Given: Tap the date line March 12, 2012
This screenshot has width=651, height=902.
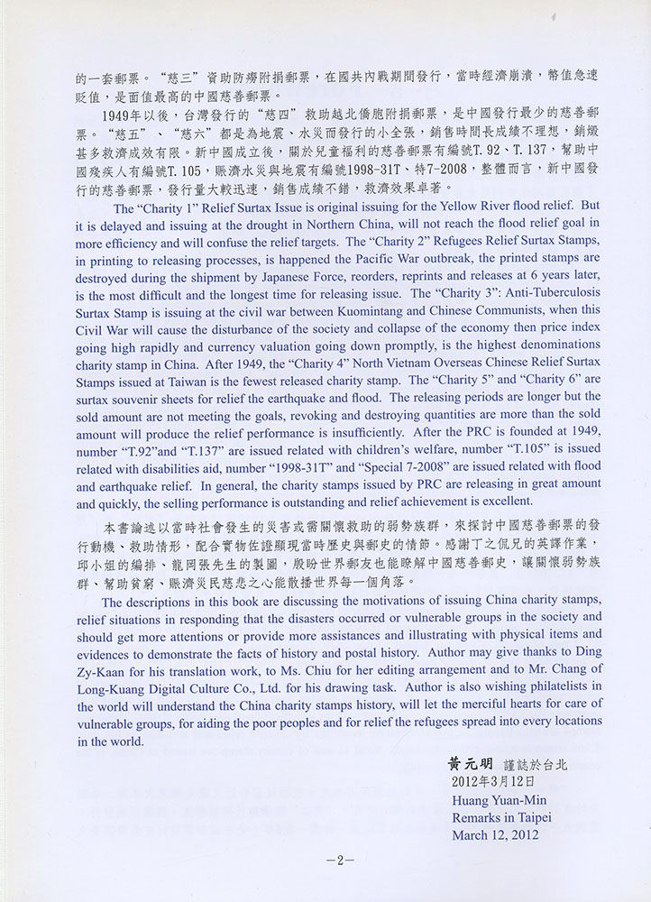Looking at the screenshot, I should tap(496, 834).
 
